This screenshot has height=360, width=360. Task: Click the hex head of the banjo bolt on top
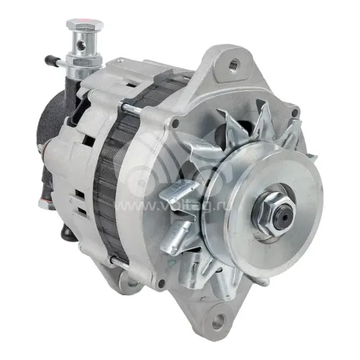85,24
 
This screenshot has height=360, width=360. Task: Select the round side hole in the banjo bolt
82,45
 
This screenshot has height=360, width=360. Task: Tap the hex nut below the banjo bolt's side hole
84,61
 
